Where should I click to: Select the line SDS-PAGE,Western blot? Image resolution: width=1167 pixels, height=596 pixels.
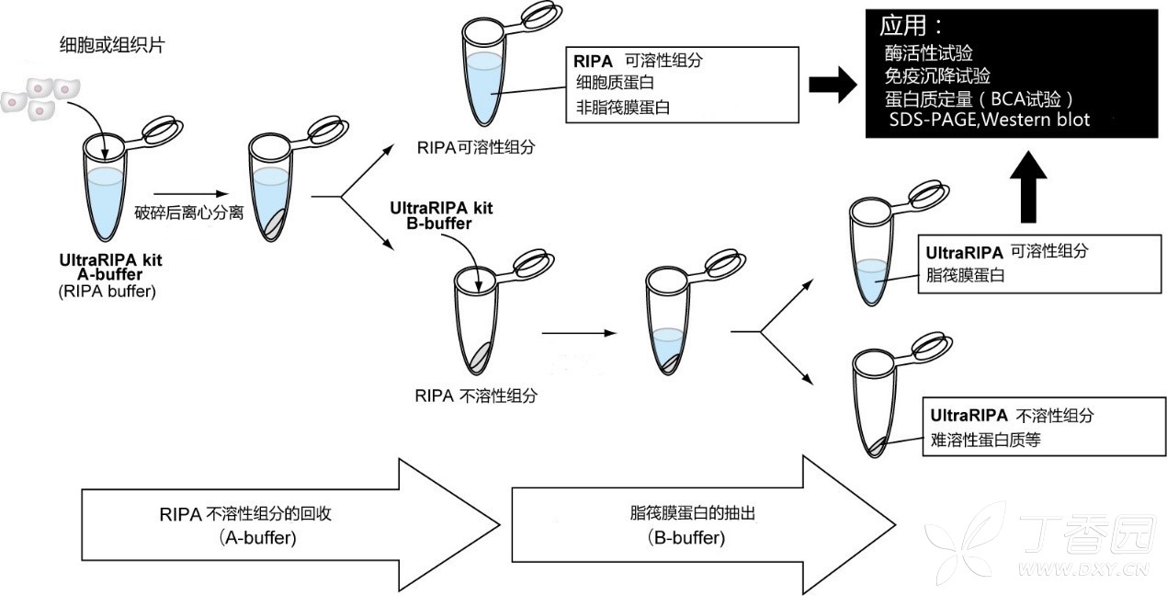(x=989, y=120)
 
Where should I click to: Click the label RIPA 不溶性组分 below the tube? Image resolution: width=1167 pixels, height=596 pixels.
(x=476, y=396)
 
